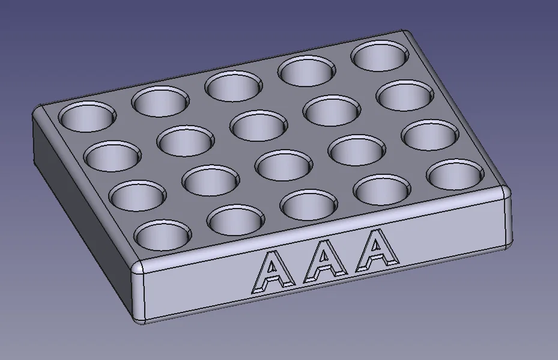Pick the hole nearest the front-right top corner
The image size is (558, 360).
[x=455, y=175]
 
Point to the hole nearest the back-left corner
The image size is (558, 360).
[x=87, y=116]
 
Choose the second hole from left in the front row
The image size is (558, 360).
[x=235, y=219]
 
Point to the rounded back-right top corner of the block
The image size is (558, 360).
[x=407, y=35]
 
